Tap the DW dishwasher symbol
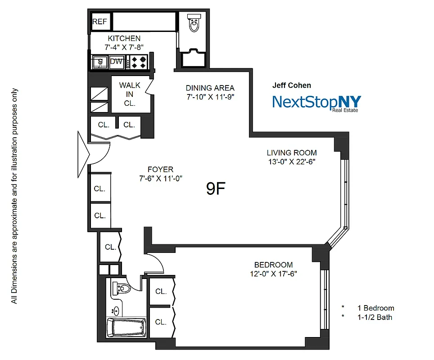tap(117, 62)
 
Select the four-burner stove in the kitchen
tap(139, 62)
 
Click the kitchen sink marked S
tap(99, 62)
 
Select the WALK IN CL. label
tap(130, 94)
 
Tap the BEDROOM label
tap(273, 265)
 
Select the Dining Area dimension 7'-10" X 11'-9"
tap(210, 97)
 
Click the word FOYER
tap(160, 169)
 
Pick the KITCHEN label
tap(124, 39)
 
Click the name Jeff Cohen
tap(291, 85)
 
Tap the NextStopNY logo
tap(316, 102)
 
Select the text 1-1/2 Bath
tap(375, 317)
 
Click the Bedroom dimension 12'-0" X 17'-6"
tap(273, 274)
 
